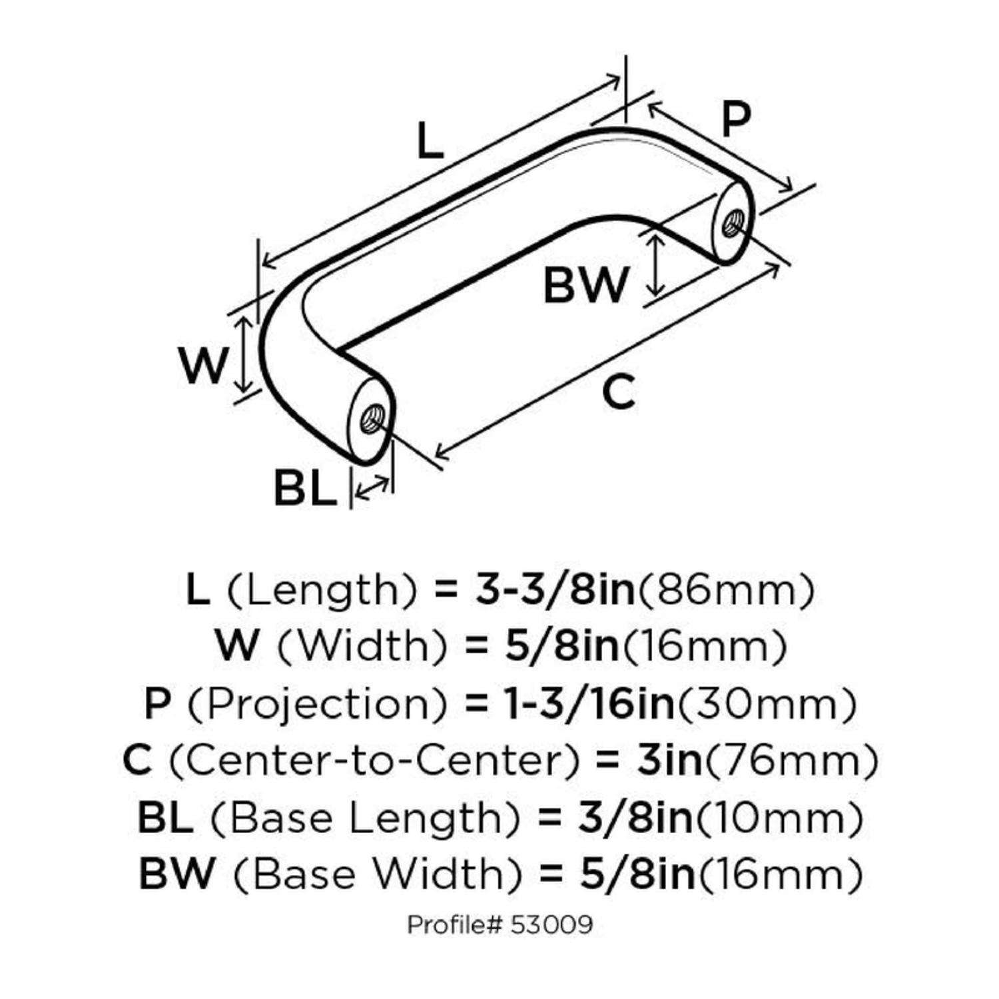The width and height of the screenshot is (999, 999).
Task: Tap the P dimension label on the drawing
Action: [x=736, y=119]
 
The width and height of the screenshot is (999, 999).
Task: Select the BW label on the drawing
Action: [x=585, y=285]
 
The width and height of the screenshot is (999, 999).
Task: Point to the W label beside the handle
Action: [x=204, y=366]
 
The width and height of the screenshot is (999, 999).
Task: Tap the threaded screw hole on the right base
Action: [x=735, y=219]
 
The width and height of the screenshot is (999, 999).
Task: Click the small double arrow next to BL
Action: [x=372, y=488]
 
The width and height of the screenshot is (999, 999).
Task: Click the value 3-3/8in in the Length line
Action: [x=555, y=590]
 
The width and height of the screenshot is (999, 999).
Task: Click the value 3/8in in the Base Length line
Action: [x=635, y=817]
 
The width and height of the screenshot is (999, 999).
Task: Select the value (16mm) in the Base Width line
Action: [x=780, y=874]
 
